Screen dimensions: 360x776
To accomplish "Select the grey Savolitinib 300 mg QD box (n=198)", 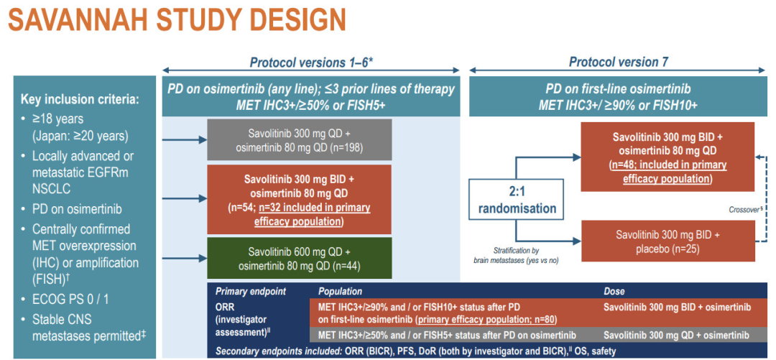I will [x=299, y=139].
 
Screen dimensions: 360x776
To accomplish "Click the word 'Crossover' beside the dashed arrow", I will [x=741, y=210].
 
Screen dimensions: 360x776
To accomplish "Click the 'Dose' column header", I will [x=614, y=292].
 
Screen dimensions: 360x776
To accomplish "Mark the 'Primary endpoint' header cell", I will [x=251, y=292].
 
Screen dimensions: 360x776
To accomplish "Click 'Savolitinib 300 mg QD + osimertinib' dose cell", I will [x=675, y=336].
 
